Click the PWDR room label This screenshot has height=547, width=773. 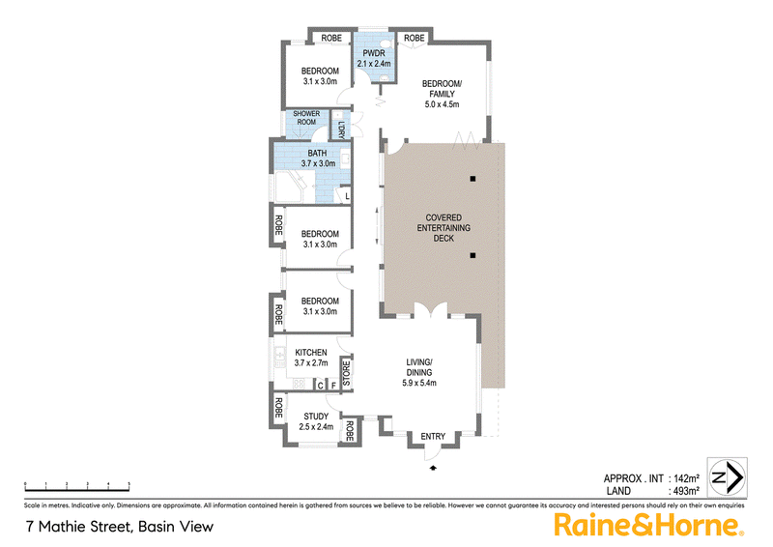(x=373, y=58)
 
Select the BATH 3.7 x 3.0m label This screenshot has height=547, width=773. (x=318, y=159)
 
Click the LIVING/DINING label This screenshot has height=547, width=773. (x=419, y=373)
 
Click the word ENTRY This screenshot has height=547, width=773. (x=433, y=437)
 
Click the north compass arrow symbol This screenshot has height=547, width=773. (x=726, y=477)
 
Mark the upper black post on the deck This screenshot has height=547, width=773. (x=473, y=179)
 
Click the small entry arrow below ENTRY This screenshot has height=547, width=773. (x=433, y=467)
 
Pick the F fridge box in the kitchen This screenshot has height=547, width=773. (x=333, y=385)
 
